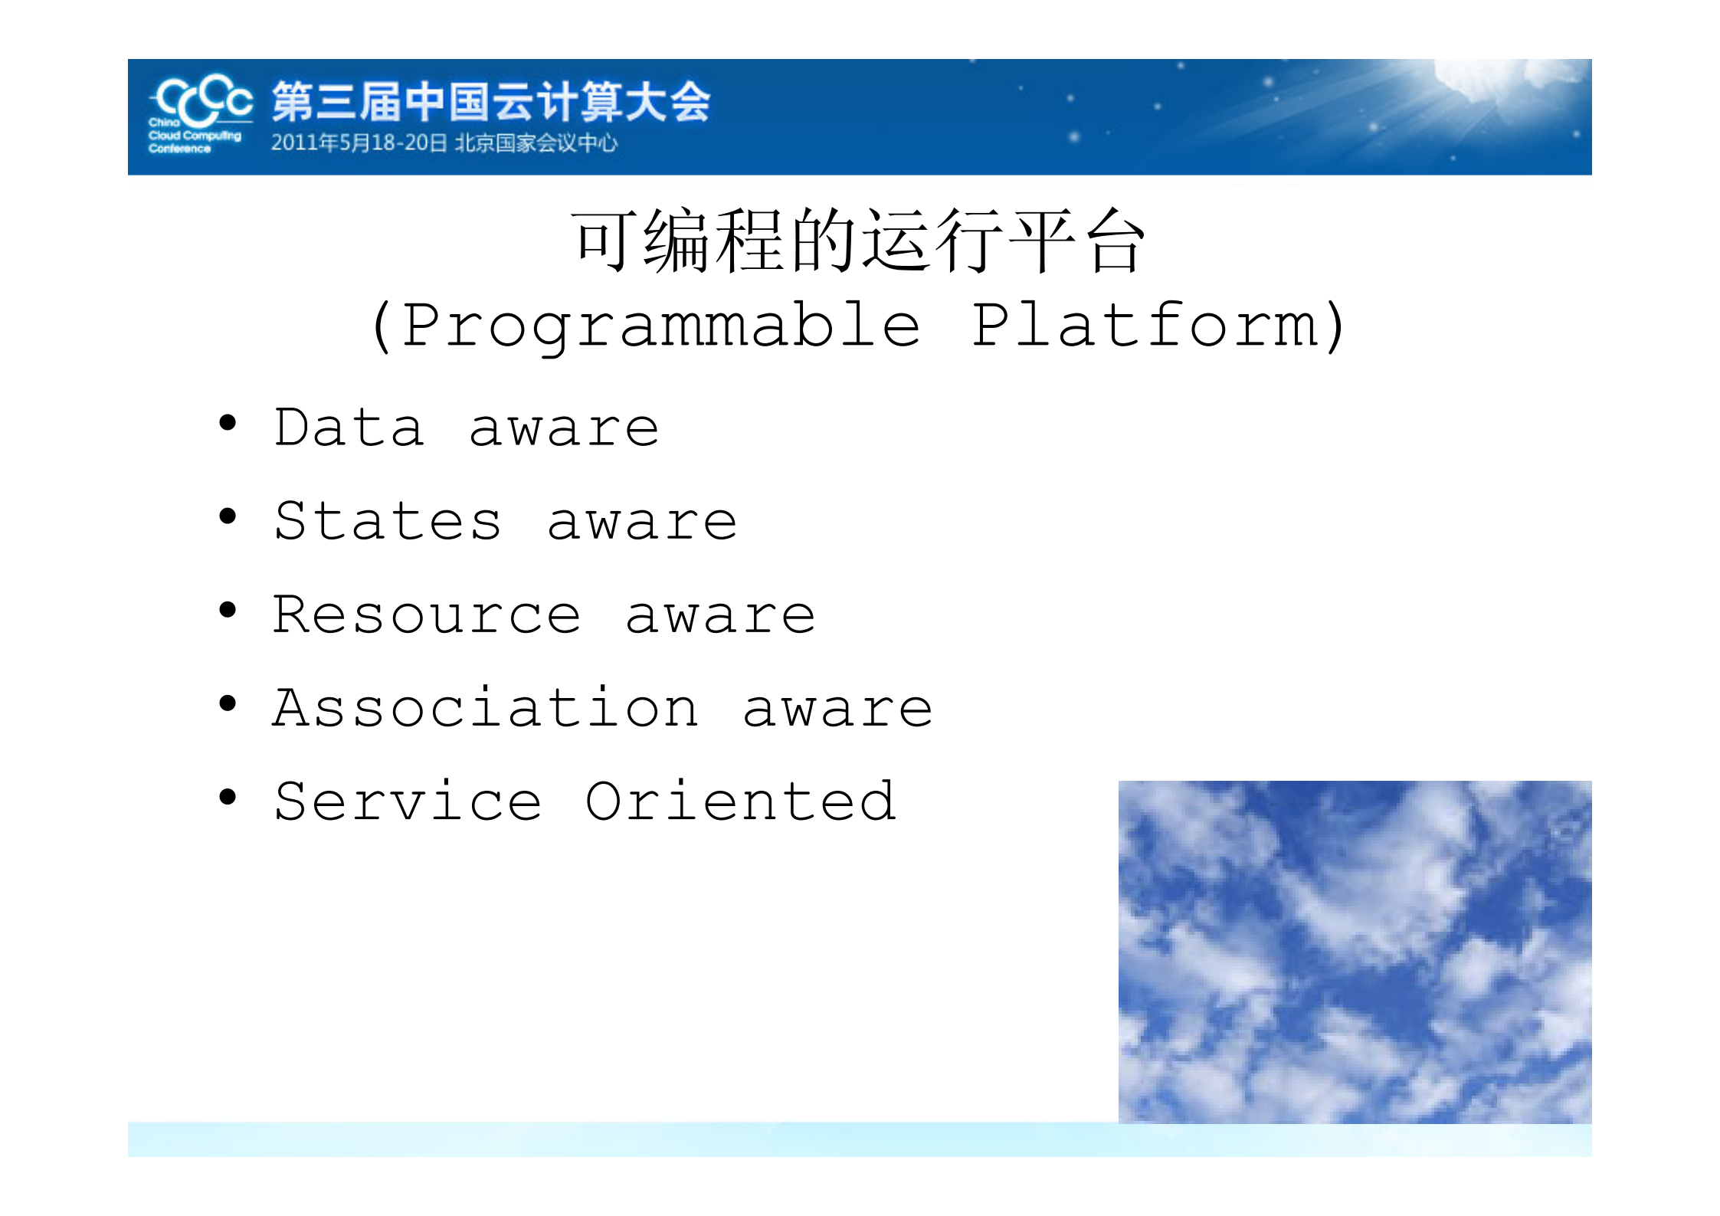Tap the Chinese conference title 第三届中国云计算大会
point(491,102)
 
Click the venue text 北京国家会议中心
point(536,143)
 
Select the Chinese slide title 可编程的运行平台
point(858,242)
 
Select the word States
point(388,522)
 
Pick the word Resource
point(428,615)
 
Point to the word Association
point(486,708)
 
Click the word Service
point(408,802)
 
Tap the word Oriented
point(740,802)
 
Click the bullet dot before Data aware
point(228,423)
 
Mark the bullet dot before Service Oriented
point(228,798)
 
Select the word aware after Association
point(837,710)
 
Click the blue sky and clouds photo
point(1355,952)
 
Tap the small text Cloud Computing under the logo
point(195,136)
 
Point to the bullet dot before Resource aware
point(228,611)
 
